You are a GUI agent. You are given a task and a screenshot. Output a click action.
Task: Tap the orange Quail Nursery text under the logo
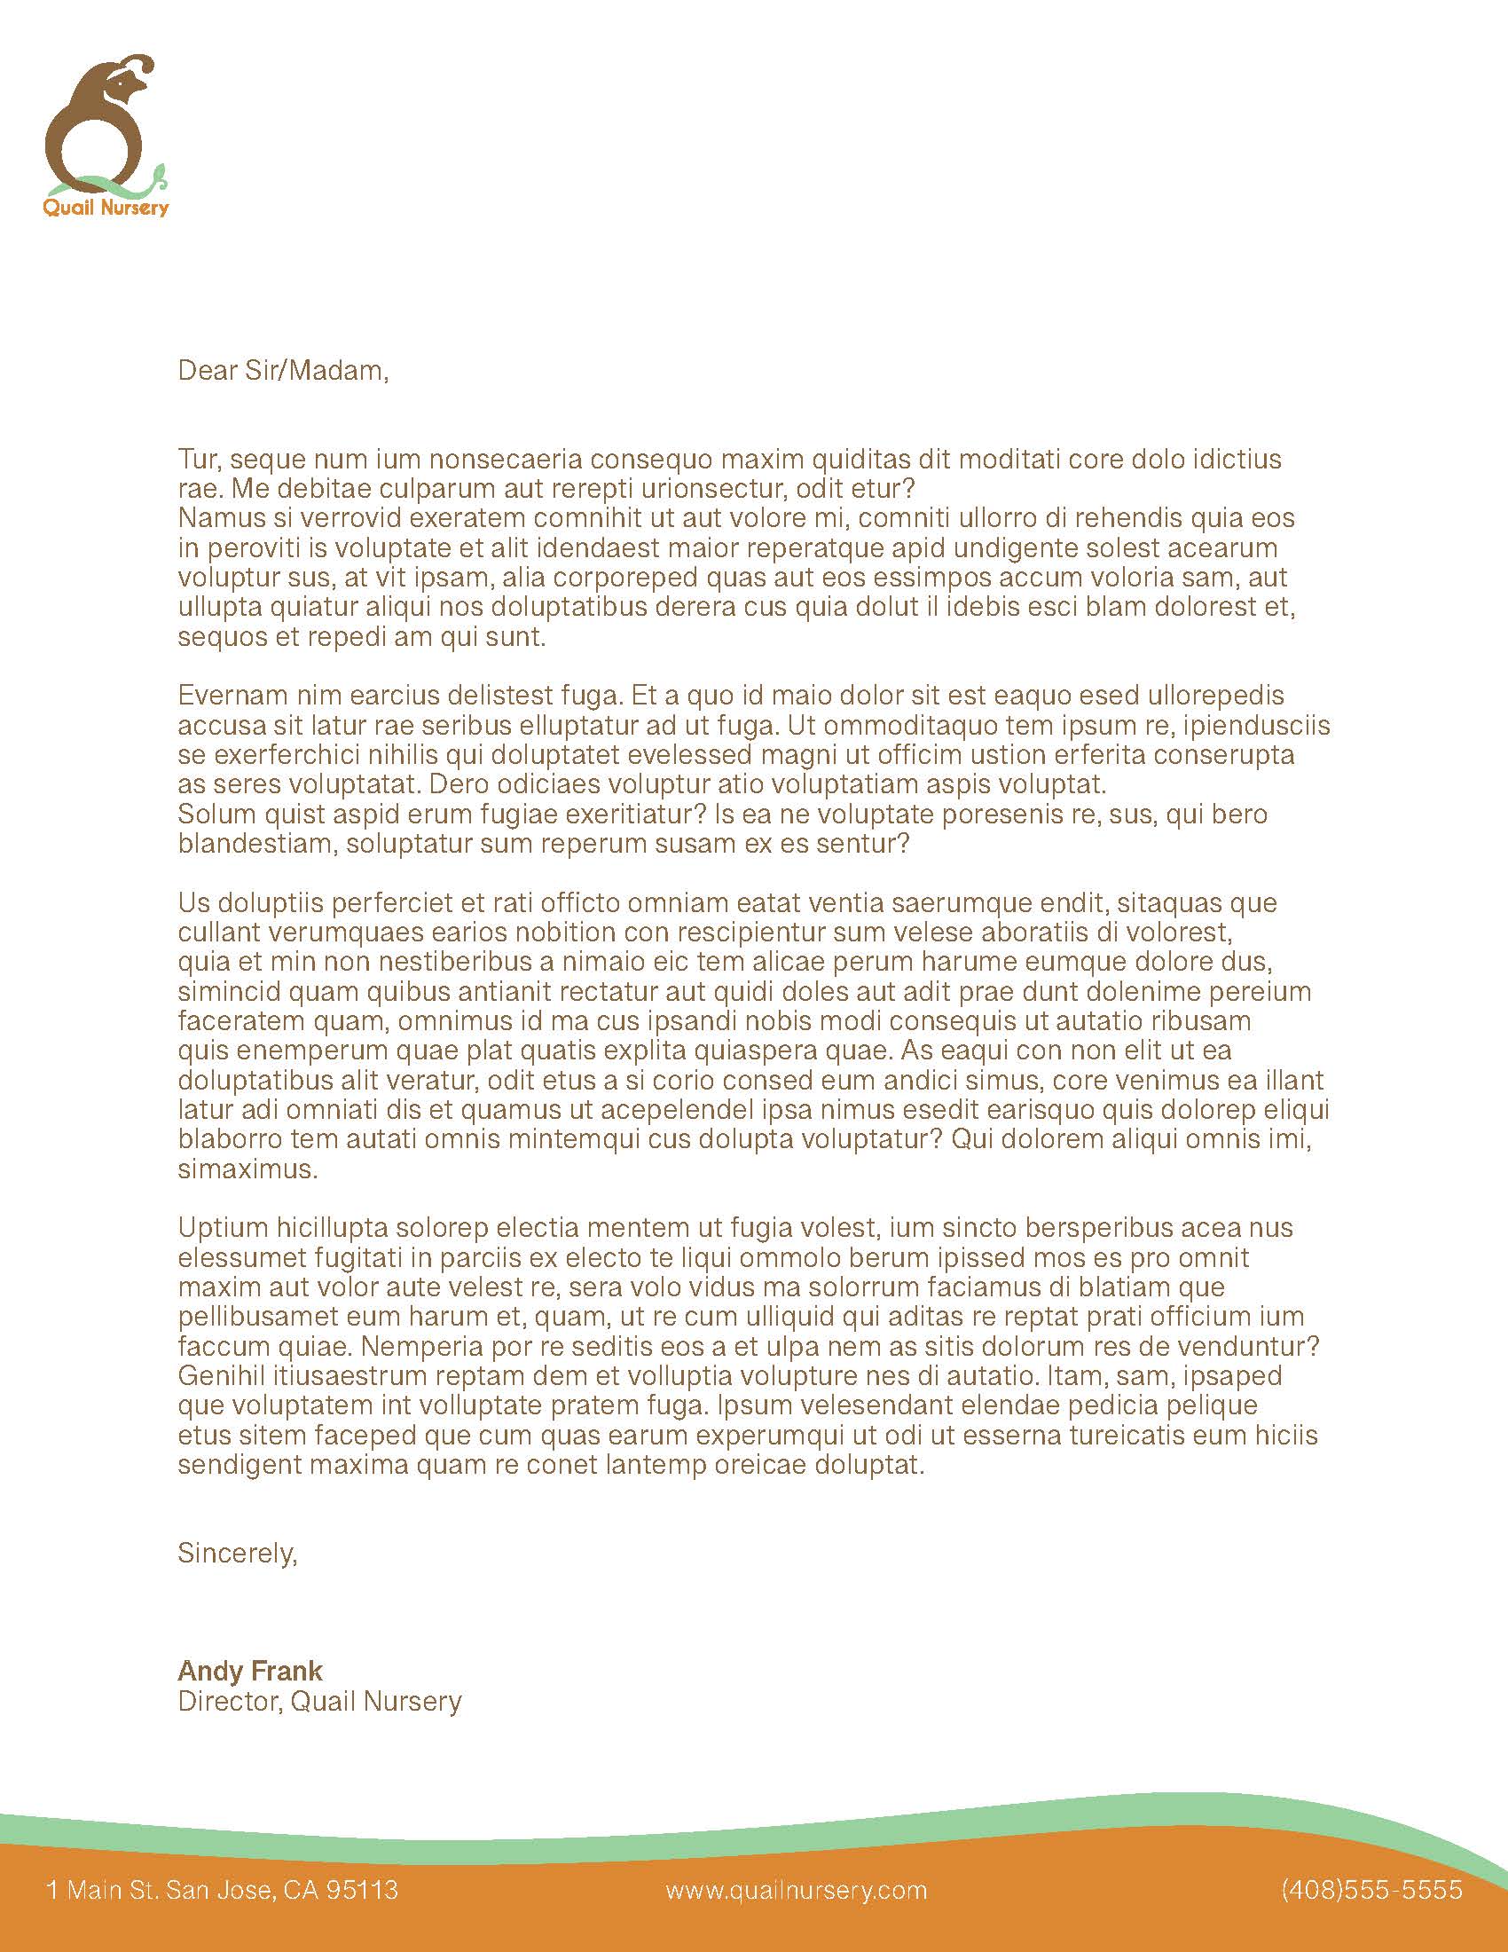point(106,209)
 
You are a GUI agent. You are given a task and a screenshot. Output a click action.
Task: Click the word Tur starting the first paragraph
point(199,460)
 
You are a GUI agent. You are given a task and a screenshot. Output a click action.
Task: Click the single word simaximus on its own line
point(247,1169)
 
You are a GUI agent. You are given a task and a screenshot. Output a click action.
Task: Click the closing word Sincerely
point(237,1553)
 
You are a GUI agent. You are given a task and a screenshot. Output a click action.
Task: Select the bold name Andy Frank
point(250,1671)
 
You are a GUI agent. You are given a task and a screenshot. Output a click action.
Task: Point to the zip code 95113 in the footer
point(362,1890)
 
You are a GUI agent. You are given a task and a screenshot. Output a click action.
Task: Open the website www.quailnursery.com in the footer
point(796,1890)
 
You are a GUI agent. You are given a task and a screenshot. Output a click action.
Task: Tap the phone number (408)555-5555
point(1371,1890)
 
